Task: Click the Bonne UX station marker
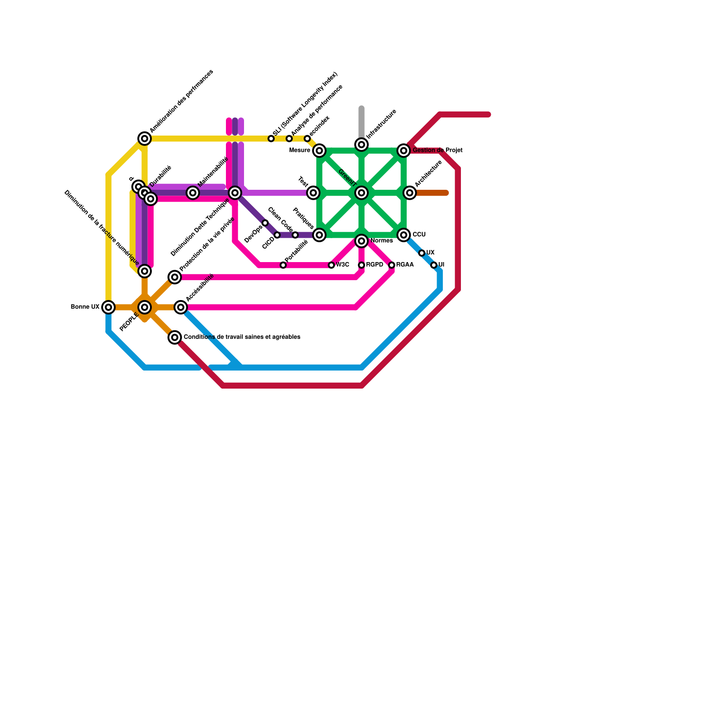[x=108, y=307]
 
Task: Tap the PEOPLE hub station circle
[x=145, y=307]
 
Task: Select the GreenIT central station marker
[x=361, y=193]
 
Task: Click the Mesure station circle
[x=319, y=150]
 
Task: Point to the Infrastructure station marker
[x=361, y=145]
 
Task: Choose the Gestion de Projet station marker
[x=404, y=150]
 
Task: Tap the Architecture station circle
[x=410, y=193]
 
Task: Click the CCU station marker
[x=404, y=235]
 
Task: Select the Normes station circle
[x=361, y=241]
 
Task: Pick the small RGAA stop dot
[x=392, y=265]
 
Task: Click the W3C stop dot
[x=332, y=265]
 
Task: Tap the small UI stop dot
[x=434, y=265]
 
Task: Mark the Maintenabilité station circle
[x=193, y=193]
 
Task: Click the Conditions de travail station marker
[x=175, y=338]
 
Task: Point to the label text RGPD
[x=375, y=265]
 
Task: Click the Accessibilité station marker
[x=181, y=307]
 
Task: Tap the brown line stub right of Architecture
[x=432, y=193]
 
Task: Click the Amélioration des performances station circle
[x=145, y=139]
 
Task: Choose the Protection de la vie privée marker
[x=175, y=277]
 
